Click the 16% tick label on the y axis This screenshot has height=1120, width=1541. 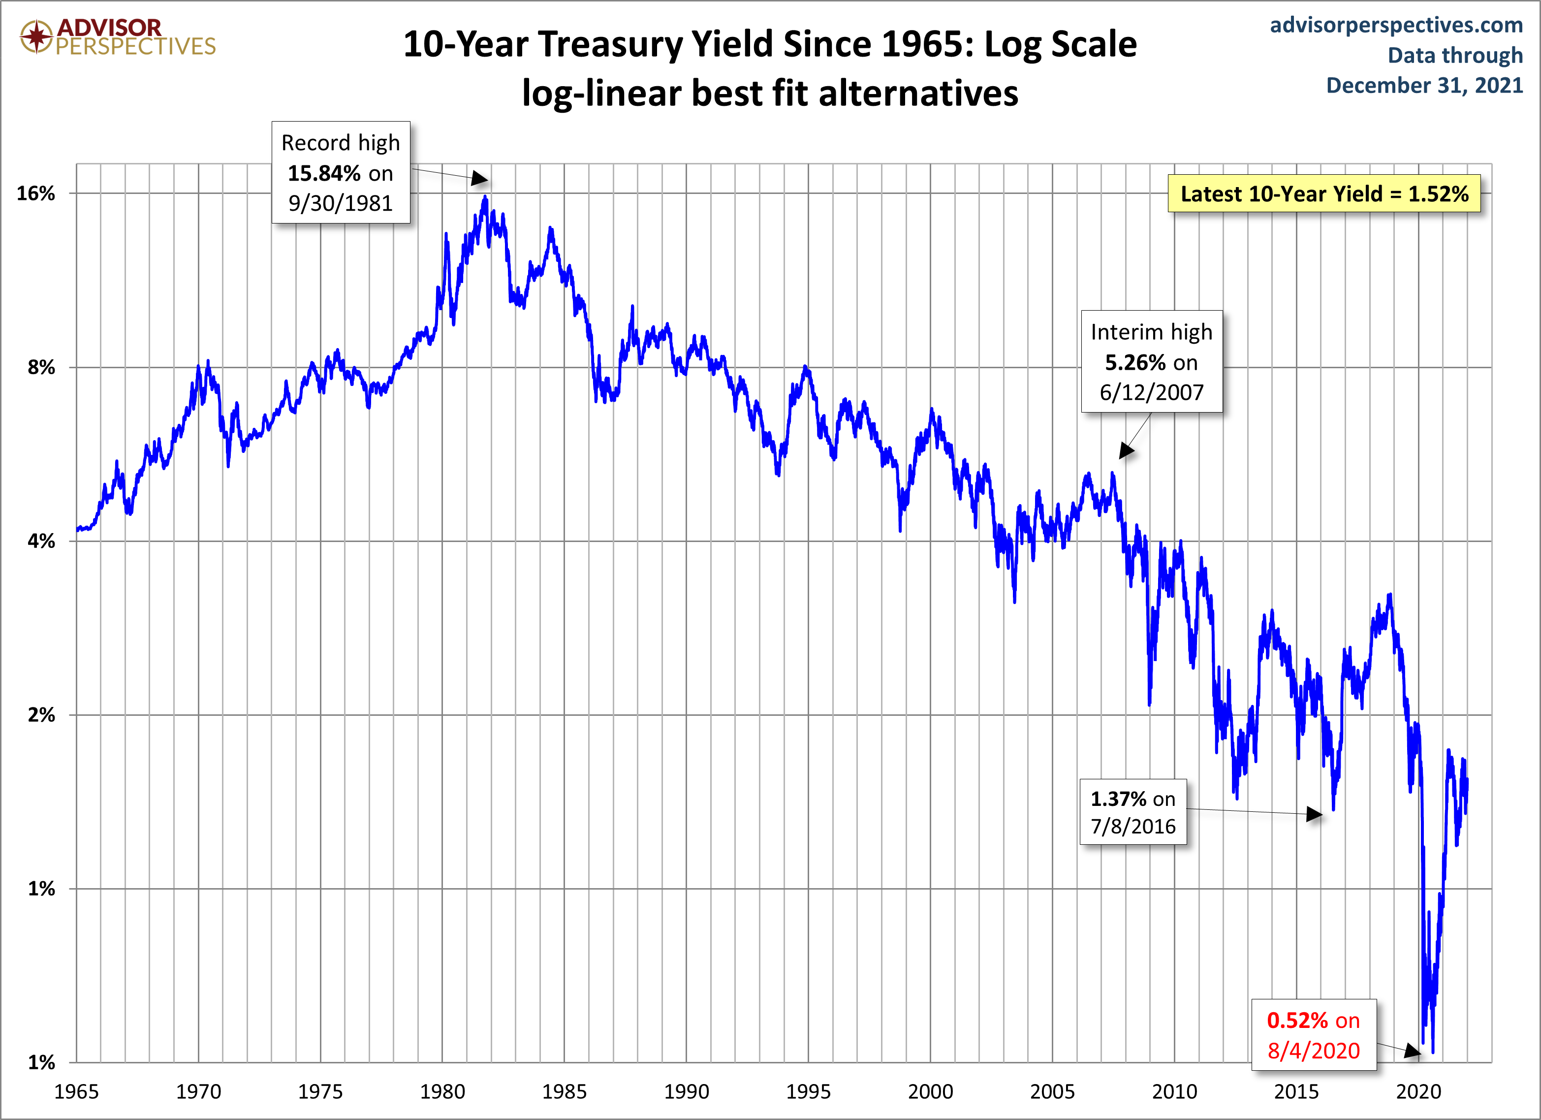(35, 193)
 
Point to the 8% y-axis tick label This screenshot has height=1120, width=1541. (41, 368)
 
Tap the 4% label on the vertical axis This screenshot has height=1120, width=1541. (41, 542)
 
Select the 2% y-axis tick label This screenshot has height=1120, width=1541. (41, 715)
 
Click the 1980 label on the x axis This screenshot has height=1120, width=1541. (442, 1091)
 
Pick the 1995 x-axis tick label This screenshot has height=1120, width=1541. (809, 1091)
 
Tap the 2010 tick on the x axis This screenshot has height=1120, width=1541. (1174, 1091)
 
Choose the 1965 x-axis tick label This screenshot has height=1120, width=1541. (76, 1091)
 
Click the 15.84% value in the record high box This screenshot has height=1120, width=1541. (323, 173)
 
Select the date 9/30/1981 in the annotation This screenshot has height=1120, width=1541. (341, 203)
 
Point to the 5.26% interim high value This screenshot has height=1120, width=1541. (1134, 362)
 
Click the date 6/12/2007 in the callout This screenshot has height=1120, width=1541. (1152, 392)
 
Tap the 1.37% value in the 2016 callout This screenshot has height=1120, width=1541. (1118, 799)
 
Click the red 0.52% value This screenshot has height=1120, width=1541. (1297, 1020)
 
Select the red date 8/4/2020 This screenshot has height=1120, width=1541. (1314, 1051)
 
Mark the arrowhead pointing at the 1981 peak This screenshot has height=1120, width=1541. (480, 179)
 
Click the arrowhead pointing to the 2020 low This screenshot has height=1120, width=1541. (1413, 1052)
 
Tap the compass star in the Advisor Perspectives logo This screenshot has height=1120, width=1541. (36, 36)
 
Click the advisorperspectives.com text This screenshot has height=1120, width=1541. (1396, 25)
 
